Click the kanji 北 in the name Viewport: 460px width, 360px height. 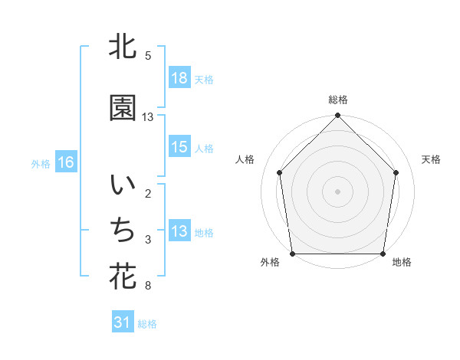(123, 47)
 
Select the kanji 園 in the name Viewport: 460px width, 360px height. (123, 109)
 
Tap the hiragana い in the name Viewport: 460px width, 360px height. (123, 185)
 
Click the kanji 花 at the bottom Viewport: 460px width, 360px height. (123, 277)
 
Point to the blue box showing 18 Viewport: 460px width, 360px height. (179, 78)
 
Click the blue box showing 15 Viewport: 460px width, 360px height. (179, 147)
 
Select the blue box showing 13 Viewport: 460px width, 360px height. (179, 231)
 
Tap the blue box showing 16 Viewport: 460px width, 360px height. (65, 162)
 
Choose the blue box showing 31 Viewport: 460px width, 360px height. (123, 323)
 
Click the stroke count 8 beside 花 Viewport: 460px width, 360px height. (147, 286)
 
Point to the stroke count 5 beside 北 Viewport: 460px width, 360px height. (147, 55)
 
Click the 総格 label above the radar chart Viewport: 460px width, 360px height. (338, 100)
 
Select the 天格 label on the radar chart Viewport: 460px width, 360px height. (431, 159)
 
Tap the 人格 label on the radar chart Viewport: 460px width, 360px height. (245, 159)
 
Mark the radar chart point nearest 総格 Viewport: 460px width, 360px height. (338, 116)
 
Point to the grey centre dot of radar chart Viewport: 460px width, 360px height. (338, 191)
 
